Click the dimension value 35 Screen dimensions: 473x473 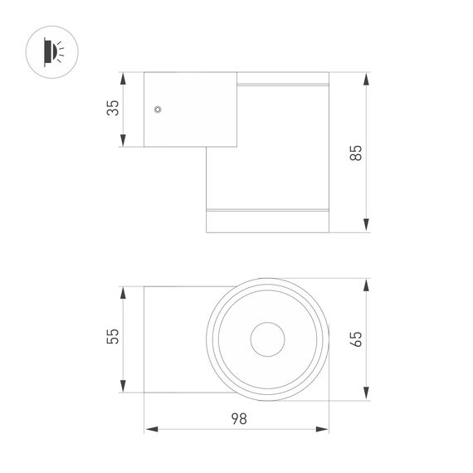click(x=114, y=108)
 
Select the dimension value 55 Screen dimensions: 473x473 click(x=114, y=336)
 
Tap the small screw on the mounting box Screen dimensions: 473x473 click(x=157, y=108)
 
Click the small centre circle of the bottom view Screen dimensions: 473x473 click(x=268, y=339)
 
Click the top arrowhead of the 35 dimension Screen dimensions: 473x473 click(x=124, y=80)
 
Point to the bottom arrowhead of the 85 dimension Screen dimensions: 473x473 click(x=366, y=225)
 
